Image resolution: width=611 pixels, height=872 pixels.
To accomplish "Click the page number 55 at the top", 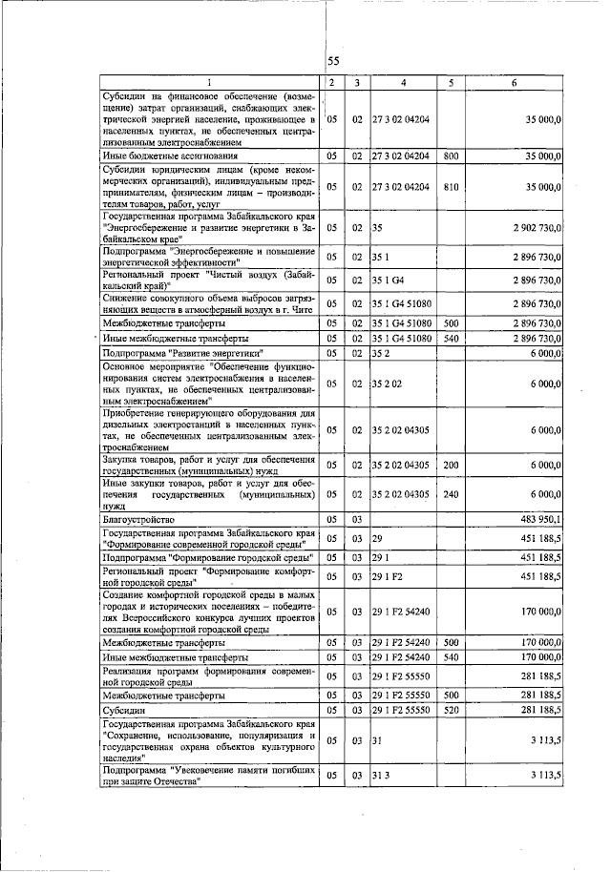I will tap(333, 61).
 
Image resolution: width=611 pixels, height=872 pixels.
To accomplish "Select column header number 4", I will tap(404, 83).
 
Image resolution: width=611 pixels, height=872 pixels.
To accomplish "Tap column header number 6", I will tap(515, 83).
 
